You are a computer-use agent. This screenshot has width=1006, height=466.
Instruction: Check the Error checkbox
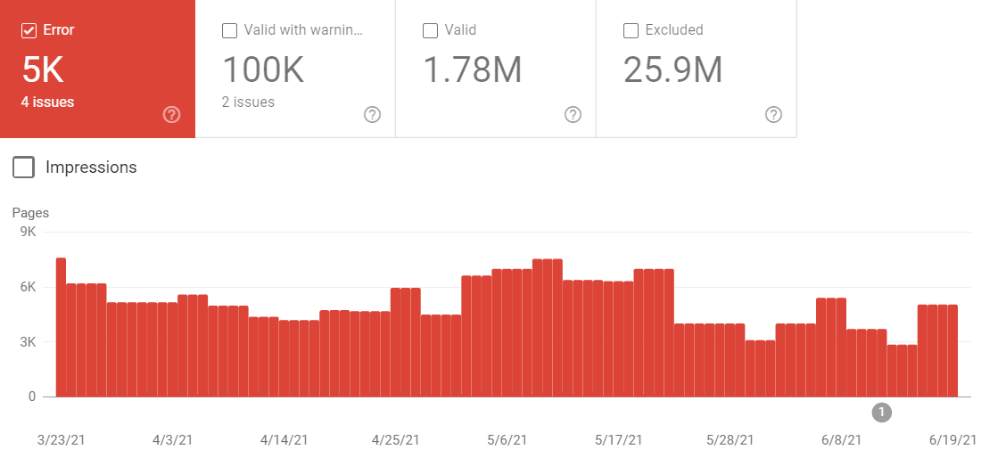pos(29,30)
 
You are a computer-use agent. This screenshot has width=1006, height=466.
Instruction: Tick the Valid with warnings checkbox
pos(229,30)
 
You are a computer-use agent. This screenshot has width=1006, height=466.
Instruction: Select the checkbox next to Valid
pos(430,30)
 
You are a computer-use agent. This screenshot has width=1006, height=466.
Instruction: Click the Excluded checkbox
pos(631,30)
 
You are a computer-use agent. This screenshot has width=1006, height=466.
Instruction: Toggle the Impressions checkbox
pos(24,167)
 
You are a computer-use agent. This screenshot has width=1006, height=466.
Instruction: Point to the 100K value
pos(263,69)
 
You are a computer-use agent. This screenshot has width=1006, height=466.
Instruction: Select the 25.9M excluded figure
pos(672,69)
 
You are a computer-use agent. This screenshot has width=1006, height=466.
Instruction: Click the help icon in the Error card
pos(172,114)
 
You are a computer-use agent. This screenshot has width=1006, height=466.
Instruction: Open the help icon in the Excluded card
pos(773,114)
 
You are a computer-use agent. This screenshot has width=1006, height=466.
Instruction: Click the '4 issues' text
pos(47,102)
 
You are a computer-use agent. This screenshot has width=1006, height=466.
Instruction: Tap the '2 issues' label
pos(248,102)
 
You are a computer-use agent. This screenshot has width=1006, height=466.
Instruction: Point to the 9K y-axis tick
pos(27,232)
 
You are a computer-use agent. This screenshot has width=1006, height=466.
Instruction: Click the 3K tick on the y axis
pos(27,342)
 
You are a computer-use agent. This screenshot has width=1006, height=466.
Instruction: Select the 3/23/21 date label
pos(62,440)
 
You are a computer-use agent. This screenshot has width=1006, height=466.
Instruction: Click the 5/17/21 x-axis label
pos(619,440)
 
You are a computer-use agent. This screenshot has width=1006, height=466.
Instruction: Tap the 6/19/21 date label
pos(953,440)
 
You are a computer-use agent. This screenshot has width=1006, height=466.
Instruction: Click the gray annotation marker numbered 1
pos(882,412)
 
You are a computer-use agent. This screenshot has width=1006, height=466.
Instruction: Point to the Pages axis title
pos(30,213)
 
